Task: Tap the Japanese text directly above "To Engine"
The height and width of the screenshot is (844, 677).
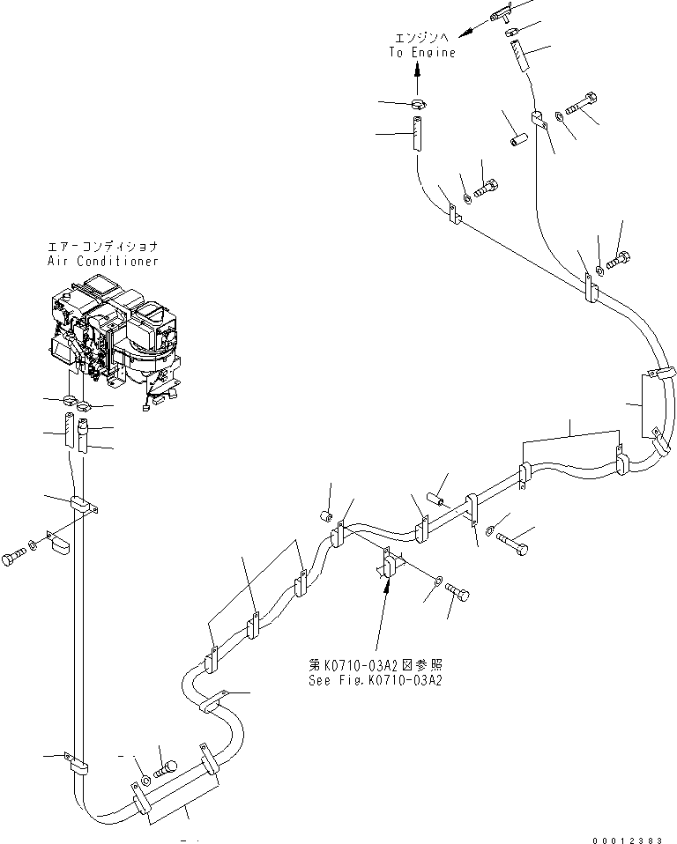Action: click(423, 39)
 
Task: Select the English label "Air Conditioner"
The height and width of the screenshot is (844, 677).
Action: click(103, 262)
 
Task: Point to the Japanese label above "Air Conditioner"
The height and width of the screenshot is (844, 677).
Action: click(103, 248)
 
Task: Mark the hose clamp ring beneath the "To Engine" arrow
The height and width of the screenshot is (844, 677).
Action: click(419, 106)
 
